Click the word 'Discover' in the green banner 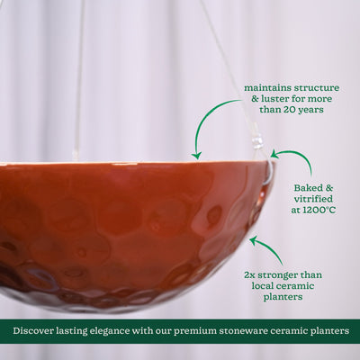tap(38, 331)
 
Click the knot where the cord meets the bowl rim tap(258, 143)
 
